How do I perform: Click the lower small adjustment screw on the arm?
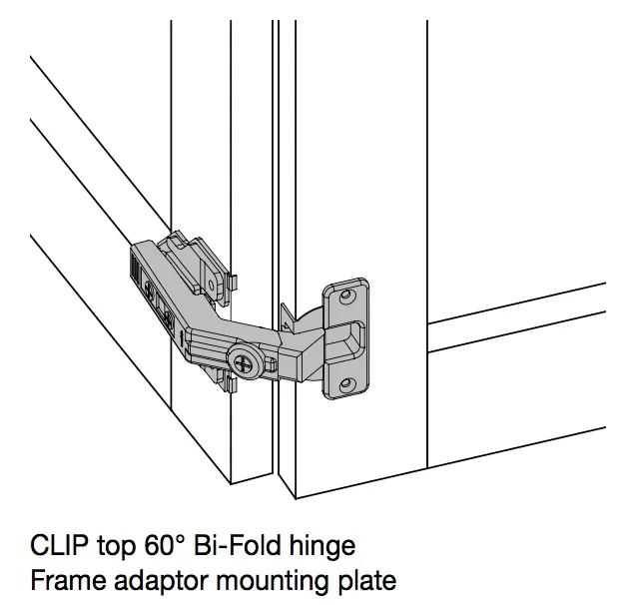pos(168,320)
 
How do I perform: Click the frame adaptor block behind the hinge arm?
pos(195,255)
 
